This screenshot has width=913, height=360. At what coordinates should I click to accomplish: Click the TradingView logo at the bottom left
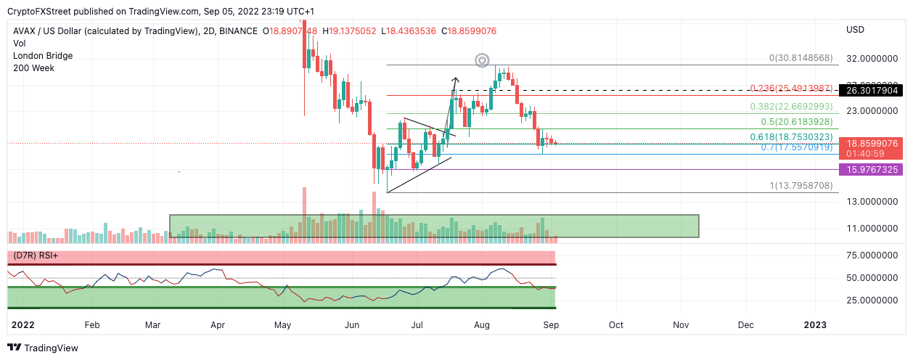[x=43, y=348]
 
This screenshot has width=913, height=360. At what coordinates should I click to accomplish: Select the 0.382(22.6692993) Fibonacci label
[x=791, y=107]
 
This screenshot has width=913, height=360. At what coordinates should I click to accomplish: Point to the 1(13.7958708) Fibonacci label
[x=801, y=187]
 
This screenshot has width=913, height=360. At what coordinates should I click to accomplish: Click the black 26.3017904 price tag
[x=869, y=91]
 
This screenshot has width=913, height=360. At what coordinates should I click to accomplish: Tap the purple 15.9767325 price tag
[x=869, y=169]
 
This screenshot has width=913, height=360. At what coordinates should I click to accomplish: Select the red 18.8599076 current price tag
[x=869, y=144]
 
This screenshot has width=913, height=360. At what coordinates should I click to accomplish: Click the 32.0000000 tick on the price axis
[x=869, y=58]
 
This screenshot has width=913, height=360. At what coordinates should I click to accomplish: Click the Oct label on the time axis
[x=616, y=324]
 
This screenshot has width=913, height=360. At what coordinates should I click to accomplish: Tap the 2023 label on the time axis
[x=814, y=324]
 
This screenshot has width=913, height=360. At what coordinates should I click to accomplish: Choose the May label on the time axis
[x=283, y=324]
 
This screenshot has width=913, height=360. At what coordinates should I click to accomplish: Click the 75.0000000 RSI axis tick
[x=869, y=255]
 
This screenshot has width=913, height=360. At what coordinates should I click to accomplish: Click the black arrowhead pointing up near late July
[x=456, y=80]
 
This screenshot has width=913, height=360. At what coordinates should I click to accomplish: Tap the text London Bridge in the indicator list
[x=43, y=56]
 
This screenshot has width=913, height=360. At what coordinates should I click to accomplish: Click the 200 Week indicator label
[x=33, y=68]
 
